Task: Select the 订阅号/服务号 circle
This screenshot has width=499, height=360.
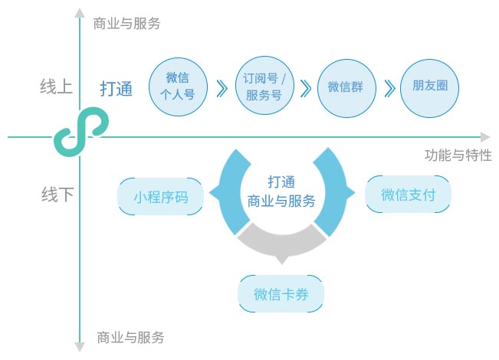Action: pyautogui.click(x=263, y=87)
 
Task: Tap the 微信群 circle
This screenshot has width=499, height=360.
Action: pyautogui.click(x=345, y=87)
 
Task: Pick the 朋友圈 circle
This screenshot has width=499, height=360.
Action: pyautogui.click(x=429, y=87)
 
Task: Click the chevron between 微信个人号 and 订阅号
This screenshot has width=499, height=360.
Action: pyautogui.click(x=222, y=88)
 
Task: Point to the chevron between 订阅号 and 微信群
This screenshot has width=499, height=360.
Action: pyautogui.click(x=305, y=88)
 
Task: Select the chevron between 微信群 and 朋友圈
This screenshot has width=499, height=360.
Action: pyautogui.click(x=389, y=88)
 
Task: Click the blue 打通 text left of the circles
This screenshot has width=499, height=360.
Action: pyautogui.click(x=117, y=89)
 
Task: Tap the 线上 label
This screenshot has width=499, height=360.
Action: pyautogui.click(x=57, y=86)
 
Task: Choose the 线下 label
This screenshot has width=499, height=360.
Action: pyautogui.click(x=57, y=195)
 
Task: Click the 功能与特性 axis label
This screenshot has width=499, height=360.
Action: pyautogui.click(x=458, y=155)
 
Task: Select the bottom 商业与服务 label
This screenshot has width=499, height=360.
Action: pyautogui.click(x=130, y=337)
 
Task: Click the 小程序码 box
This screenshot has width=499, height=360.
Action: pyautogui.click(x=161, y=196)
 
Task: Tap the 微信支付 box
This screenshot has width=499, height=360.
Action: pyautogui.click(x=409, y=195)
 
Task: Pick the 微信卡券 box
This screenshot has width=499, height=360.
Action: pyautogui.click(x=281, y=293)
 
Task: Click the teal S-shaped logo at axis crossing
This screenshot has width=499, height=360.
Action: pyautogui.click(x=80, y=135)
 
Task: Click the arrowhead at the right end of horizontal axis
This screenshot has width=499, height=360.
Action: pyautogui.click(x=484, y=137)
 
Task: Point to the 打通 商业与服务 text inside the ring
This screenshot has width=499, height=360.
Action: pyautogui.click(x=281, y=191)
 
